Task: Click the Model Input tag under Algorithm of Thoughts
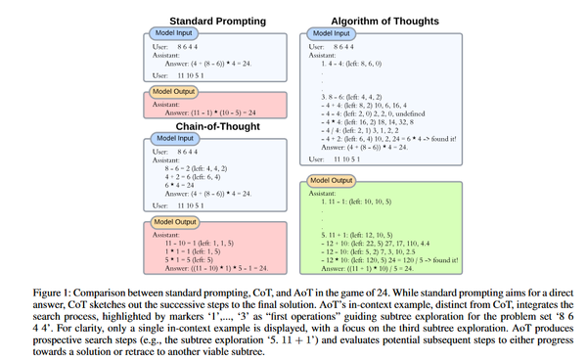click(337, 33)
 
